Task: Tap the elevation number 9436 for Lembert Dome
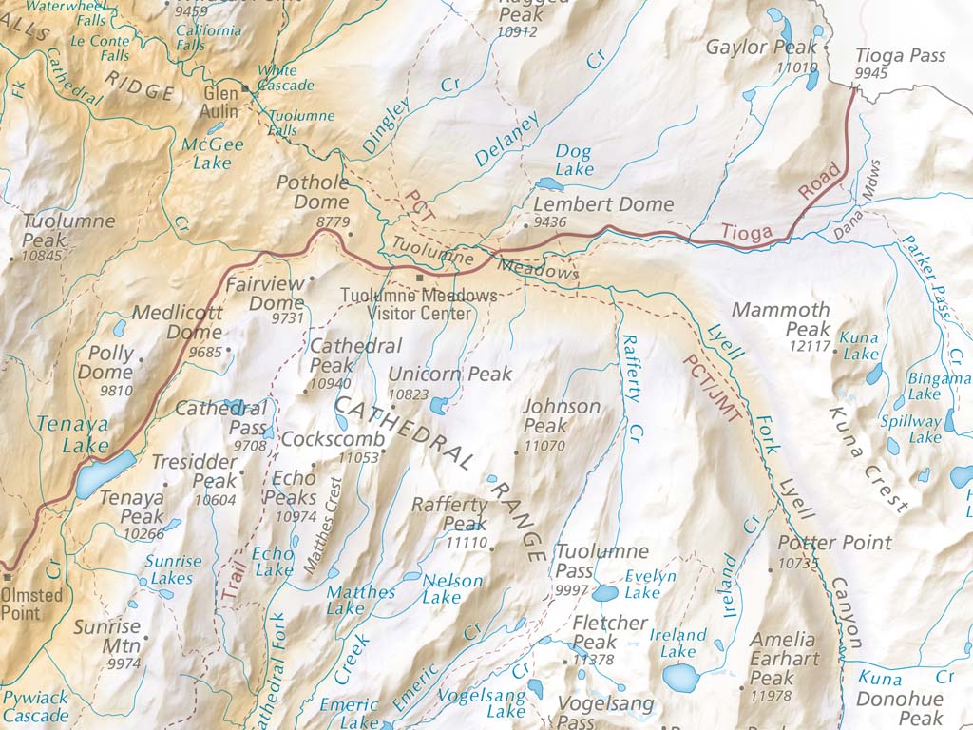tap(550, 222)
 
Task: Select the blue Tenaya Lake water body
tap(105, 472)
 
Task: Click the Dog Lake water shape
tap(549, 183)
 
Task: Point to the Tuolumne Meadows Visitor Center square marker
tap(419, 278)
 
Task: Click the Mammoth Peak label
tap(781, 319)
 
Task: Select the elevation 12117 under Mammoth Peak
tap(811, 345)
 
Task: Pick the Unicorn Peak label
tap(450, 374)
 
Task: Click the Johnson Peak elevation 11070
tap(544, 445)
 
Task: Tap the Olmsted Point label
tap(32, 604)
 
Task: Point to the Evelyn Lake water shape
tap(604, 594)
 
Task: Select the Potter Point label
tap(834, 543)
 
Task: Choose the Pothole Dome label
tap(313, 192)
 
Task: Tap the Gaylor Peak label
tap(761, 48)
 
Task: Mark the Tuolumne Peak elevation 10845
tap(43, 256)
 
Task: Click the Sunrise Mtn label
tap(106, 637)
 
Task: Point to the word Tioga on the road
tap(747, 232)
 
